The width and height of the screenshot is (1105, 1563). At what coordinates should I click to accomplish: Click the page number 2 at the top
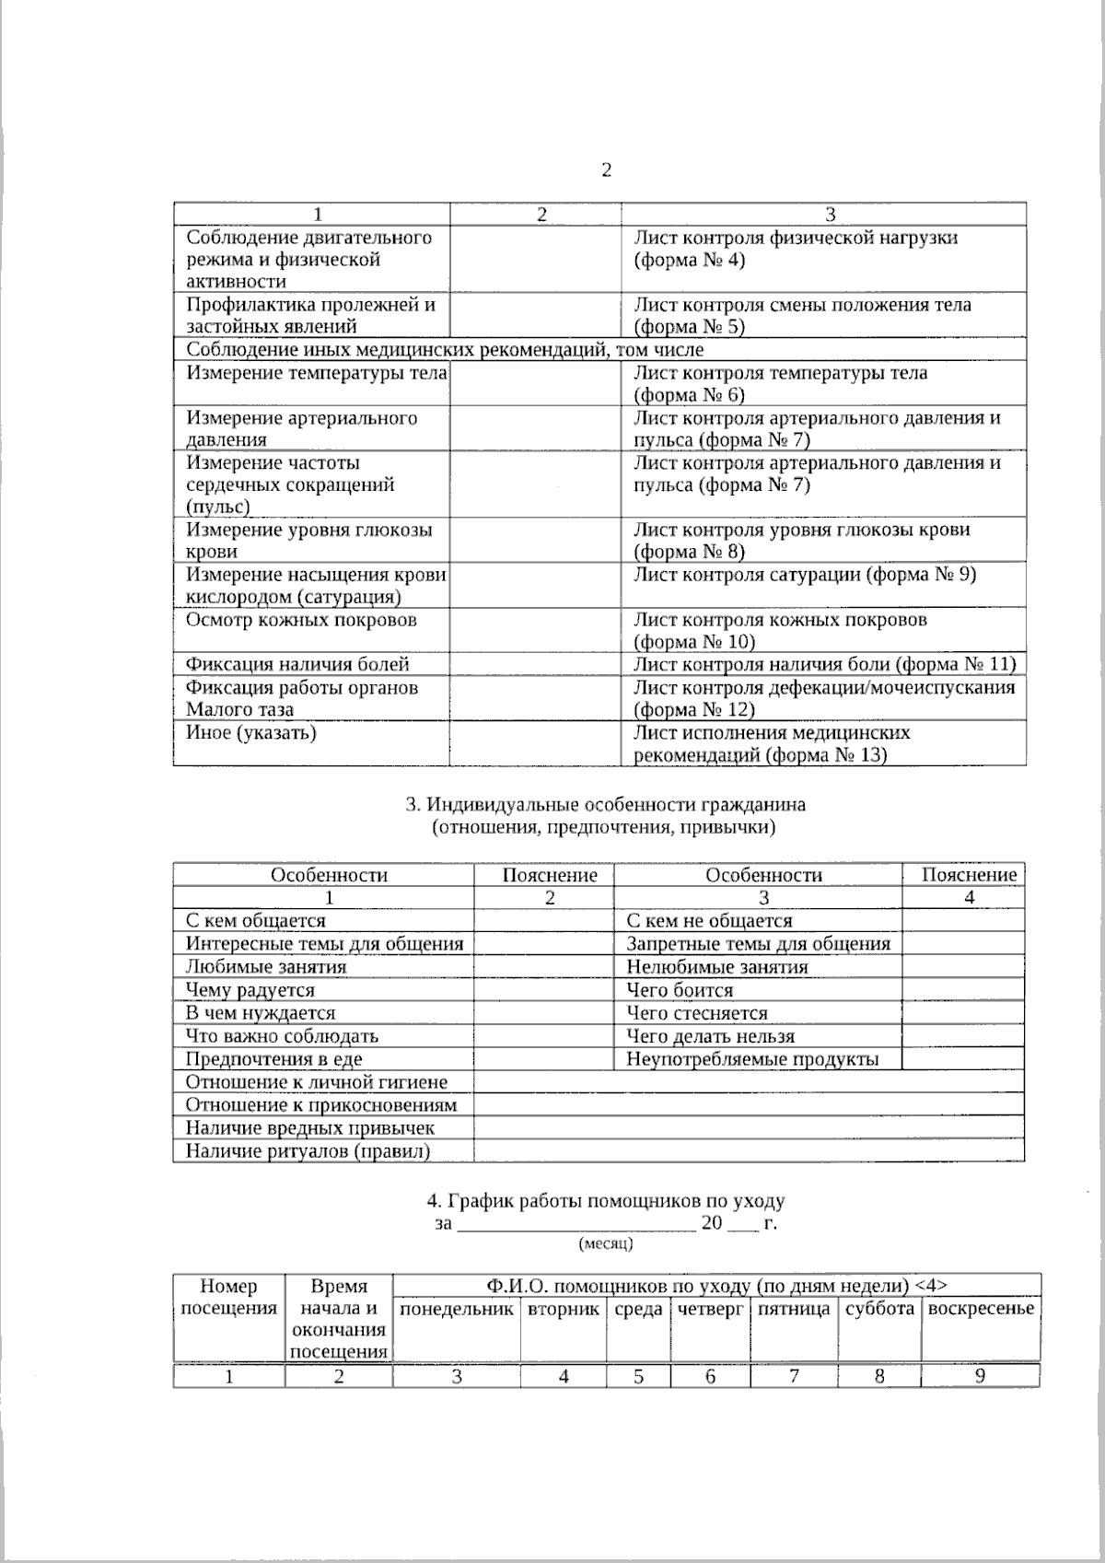click(606, 170)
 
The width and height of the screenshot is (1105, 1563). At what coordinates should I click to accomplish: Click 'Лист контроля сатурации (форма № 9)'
click(804, 575)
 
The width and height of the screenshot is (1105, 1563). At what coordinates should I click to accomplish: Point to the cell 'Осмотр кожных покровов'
click(301, 620)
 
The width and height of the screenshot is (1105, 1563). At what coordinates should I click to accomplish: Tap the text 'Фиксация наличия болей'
click(297, 664)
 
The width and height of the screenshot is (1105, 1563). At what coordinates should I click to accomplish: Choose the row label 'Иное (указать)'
click(250, 733)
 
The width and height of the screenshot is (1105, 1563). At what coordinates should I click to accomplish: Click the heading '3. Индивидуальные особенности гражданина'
click(605, 804)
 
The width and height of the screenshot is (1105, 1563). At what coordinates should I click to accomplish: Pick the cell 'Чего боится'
click(680, 990)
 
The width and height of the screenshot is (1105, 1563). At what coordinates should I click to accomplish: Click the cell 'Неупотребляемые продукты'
click(752, 1059)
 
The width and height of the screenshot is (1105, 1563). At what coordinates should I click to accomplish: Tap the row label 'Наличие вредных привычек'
click(309, 1128)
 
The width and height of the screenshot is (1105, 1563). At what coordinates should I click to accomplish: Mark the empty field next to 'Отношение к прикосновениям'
click(748, 1104)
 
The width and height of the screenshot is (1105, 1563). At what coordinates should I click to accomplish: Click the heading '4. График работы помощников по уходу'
click(605, 1201)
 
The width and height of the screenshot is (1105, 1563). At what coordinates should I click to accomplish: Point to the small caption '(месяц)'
click(605, 1244)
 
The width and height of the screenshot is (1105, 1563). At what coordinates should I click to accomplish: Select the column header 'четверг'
click(710, 1309)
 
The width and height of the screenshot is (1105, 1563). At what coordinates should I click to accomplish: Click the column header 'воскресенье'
click(980, 1309)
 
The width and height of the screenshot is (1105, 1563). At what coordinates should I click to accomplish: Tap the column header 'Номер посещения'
click(228, 1298)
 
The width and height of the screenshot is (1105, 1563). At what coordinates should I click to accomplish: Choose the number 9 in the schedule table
click(980, 1376)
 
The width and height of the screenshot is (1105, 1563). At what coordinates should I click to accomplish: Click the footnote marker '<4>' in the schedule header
click(932, 1286)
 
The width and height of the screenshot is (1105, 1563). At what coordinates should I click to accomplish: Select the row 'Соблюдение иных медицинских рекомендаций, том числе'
click(445, 350)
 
